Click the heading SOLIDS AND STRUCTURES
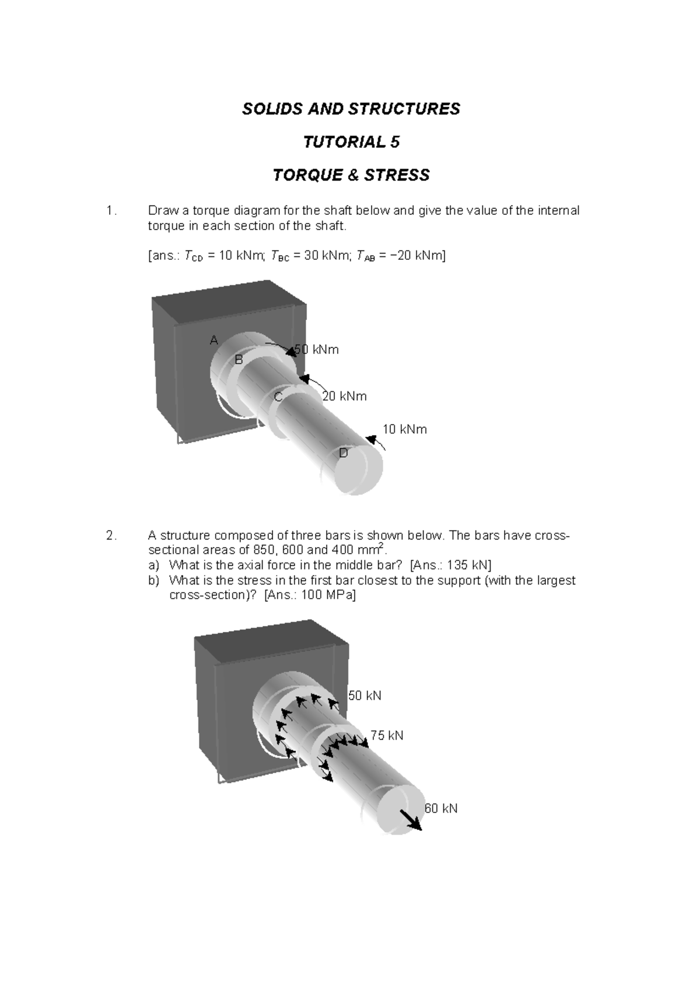(x=351, y=109)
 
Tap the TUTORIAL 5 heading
(x=351, y=142)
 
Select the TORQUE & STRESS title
(x=351, y=175)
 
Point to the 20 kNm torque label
(x=344, y=397)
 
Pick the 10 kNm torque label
(x=404, y=430)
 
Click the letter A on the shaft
(x=214, y=340)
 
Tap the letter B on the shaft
(x=238, y=360)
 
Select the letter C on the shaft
(x=278, y=397)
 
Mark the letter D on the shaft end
(x=344, y=453)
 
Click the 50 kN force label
(x=365, y=696)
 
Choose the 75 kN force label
(x=387, y=735)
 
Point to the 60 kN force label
(x=441, y=809)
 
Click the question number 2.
(x=111, y=536)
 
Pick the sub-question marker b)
(x=153, y=580)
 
